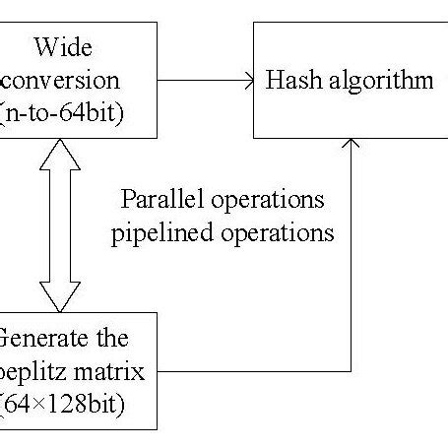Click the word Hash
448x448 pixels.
click(x=291, y=80)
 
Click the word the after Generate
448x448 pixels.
click(x=112, y=339)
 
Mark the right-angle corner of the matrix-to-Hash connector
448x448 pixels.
click(x=351, y=371)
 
